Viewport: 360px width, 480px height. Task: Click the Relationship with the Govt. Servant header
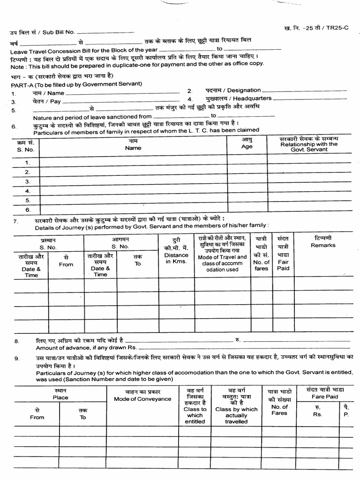[309, 144]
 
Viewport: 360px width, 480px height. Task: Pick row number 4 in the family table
[27, 191]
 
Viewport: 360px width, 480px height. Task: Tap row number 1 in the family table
[27, 162]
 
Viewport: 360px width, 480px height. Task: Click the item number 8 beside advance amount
[17, 342]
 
